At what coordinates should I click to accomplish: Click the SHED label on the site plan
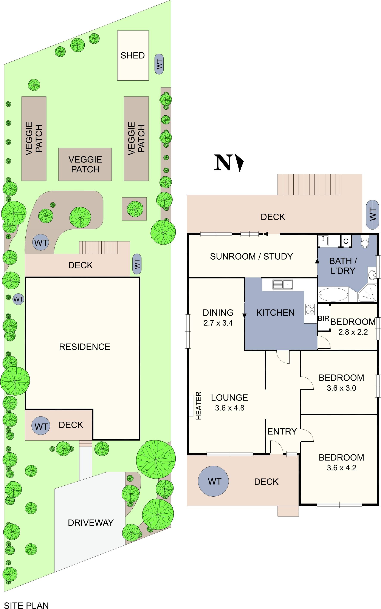tap(133, 55)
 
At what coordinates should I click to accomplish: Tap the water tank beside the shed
tap(159, 64)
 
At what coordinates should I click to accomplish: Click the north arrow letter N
tap(223, 163)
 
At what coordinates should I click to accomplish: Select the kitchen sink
tap(282, 285)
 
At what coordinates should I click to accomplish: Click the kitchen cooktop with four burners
tap(310, 309)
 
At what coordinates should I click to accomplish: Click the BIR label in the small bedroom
tap(324, 319)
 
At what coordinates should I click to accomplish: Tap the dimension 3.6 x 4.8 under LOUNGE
tap(229, 408)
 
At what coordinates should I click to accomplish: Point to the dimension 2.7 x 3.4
tap(218, 323)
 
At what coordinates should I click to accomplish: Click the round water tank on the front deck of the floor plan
tap(214, 482)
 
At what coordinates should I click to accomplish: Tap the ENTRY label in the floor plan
tap(282, 432)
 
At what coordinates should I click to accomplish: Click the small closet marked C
tap(346, 242)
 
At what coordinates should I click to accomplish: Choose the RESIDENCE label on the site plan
tap(84, 347)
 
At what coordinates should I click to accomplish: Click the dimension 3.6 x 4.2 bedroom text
tap(341, 468)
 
